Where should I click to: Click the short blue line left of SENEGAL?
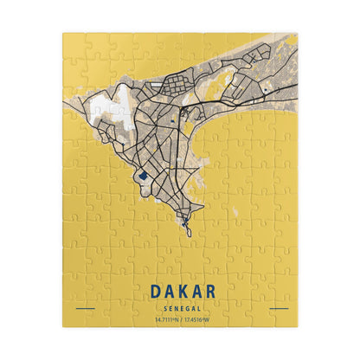85,308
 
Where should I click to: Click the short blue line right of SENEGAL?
278,308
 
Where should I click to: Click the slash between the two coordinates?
181,319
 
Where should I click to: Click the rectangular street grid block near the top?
170,86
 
